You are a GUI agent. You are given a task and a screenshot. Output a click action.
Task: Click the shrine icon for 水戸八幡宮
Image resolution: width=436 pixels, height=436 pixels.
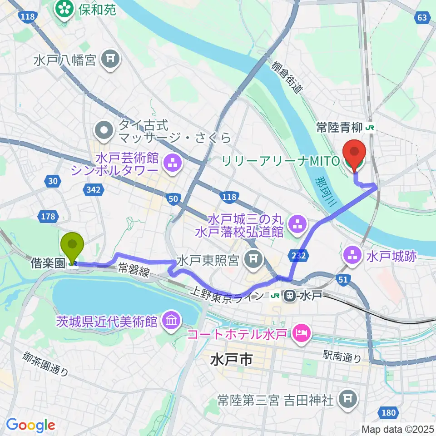coord(109,58)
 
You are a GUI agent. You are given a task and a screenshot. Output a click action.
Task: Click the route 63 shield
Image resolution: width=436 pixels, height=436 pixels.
coord(421,17)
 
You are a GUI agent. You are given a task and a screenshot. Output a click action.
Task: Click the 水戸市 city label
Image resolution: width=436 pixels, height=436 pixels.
coord(231,361)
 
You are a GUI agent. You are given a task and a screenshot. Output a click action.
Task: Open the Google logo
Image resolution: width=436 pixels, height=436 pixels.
coord(30,425)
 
